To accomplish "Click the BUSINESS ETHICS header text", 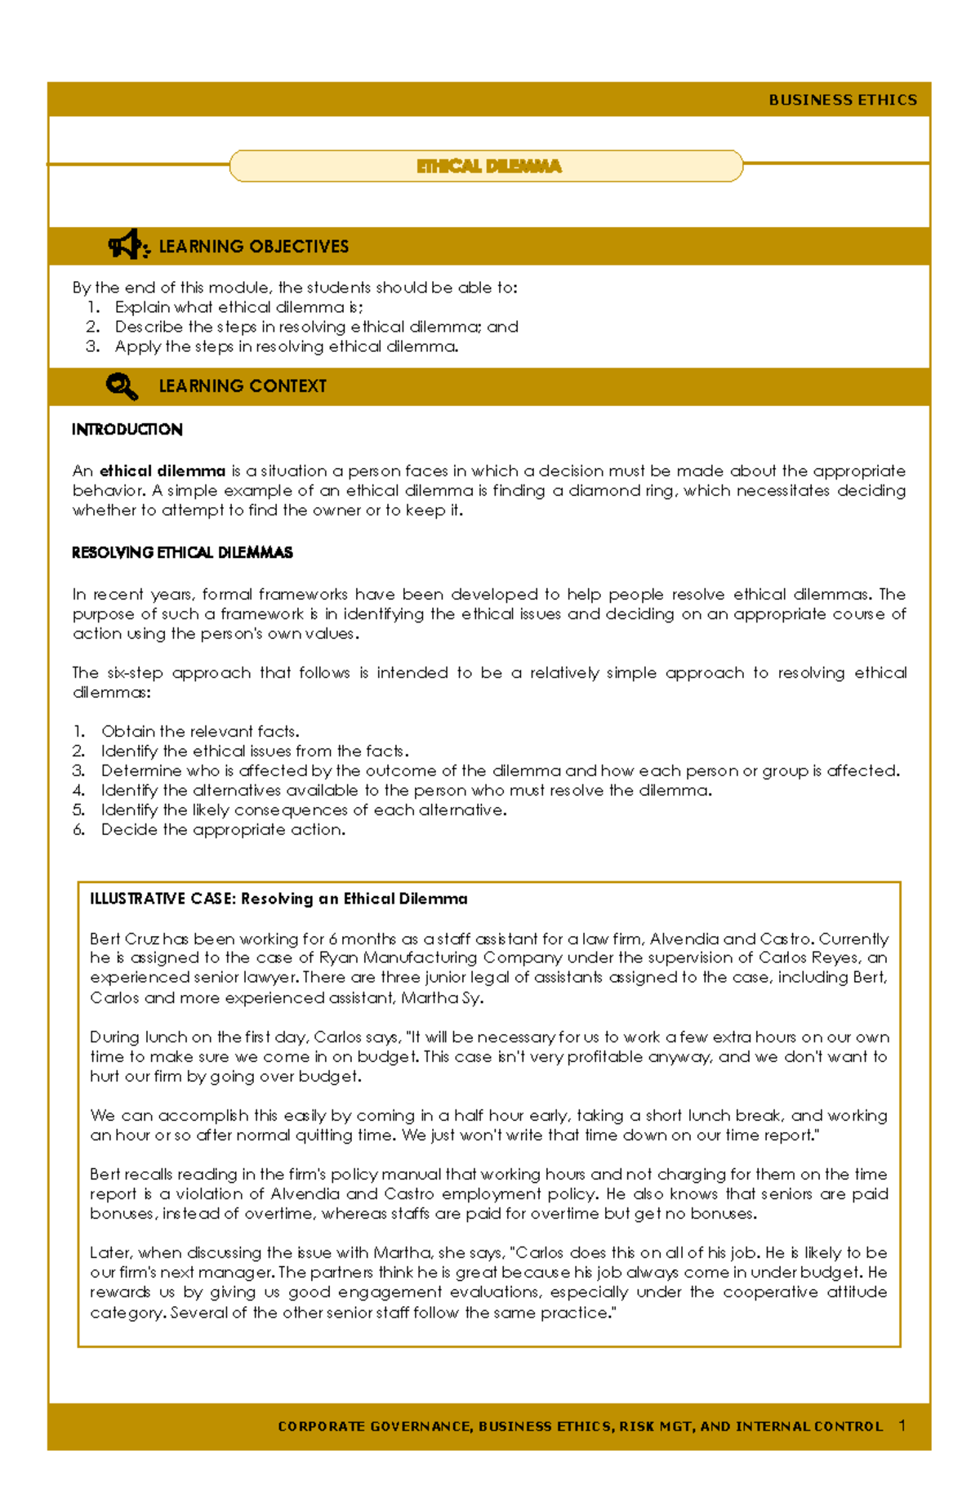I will coord(842,100).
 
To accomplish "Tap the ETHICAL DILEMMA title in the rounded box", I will coord(488,167).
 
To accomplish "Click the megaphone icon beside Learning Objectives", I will coord(127,245).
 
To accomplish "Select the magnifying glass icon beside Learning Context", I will coord(122,386).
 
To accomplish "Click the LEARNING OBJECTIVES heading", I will coord(253,247).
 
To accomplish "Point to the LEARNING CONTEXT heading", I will coord(242,386).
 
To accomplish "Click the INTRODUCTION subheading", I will coord(127,430).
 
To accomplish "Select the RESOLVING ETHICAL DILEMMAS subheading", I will coord(182,553).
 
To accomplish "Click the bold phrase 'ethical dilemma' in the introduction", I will coord(162,471).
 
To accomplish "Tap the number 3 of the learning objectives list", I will coord(92,346).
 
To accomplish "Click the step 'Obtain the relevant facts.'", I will coord(200,731).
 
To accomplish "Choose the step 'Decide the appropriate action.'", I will coord(223,830).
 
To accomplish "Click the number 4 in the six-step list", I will coord(78,791).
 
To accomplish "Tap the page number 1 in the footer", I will coord(902,1425).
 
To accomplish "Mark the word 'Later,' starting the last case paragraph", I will coord(111,1253).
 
